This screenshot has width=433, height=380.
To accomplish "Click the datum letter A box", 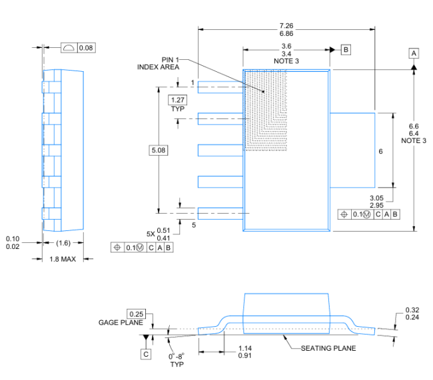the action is point(414,53).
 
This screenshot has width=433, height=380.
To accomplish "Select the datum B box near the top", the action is point(346,50).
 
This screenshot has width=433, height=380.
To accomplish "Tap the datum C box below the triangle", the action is point(146,354).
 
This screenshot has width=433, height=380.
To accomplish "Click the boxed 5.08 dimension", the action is point(159,150).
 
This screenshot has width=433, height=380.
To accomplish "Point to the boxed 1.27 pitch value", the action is point(178,100).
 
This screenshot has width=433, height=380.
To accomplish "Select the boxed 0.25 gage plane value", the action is point(136,314).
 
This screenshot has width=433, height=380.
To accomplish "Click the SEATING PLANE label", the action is point(328,348).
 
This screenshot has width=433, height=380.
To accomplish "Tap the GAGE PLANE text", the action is point(121,323).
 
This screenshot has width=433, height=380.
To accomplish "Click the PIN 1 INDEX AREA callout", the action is point(159,63).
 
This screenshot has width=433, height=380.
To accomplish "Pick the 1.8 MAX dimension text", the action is point(63,259).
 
